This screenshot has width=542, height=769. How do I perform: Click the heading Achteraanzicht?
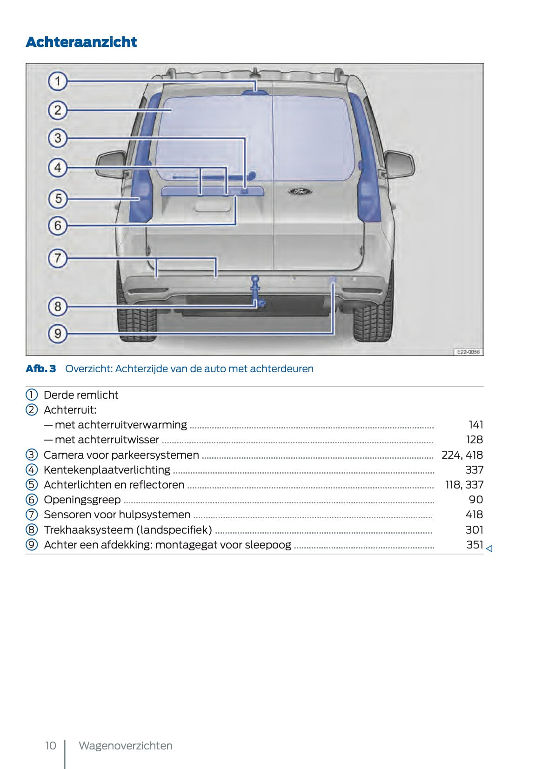[81, 42]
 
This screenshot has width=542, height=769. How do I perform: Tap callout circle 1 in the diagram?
[58, 81]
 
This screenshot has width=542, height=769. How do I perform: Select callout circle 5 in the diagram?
[58, 199]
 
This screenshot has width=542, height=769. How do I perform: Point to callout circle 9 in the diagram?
[58, 333]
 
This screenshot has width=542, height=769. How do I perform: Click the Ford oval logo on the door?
[299, 191]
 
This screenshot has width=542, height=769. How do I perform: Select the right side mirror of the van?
[399, 164]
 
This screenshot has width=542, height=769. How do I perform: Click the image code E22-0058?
[468, 352]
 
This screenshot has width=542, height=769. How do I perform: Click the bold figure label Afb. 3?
[41, 369]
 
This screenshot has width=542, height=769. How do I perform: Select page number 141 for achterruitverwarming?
[476, 425]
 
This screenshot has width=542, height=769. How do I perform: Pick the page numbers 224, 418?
[462, 455]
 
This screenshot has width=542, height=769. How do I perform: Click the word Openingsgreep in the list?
[82, 500]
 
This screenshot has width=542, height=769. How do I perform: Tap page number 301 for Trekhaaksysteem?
[474, 530]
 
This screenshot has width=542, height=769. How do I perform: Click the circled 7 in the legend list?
[31, 515]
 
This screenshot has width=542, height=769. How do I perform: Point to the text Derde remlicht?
[81, 395]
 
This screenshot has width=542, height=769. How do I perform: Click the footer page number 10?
[50, 746]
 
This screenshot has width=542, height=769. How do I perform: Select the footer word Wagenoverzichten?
[126, 746]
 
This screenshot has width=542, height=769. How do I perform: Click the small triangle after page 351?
[489, 549]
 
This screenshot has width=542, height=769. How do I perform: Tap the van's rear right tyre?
[372, 321]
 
